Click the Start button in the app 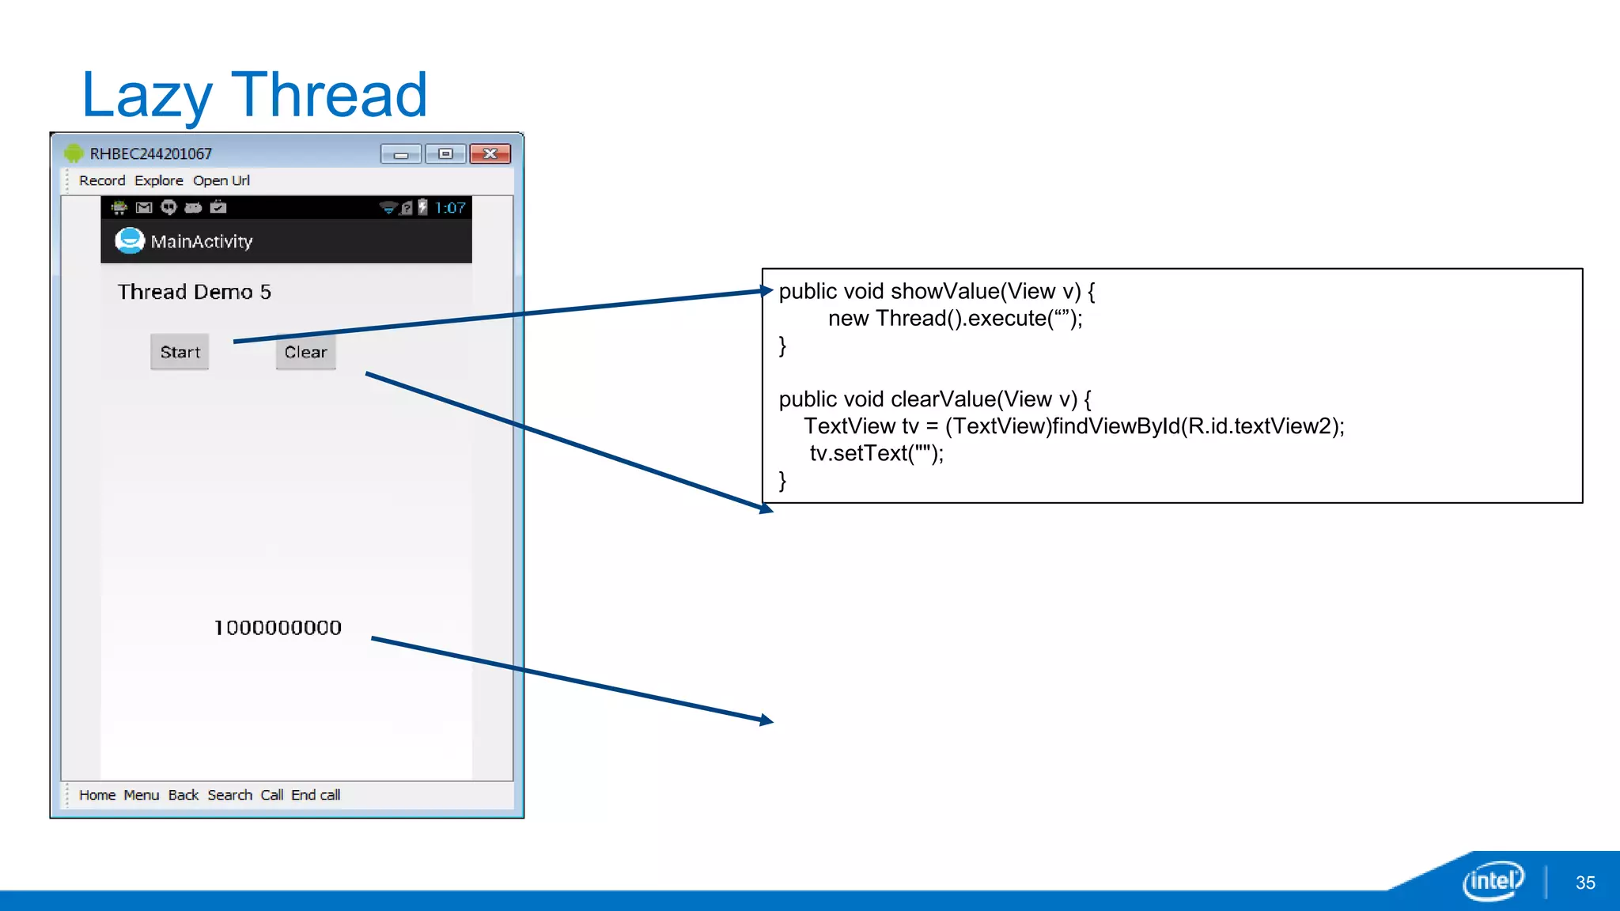pyautogui.click(x=180, y=352)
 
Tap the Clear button pyautogui.click(x=305, y=352)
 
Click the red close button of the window pyautogui.click(x=490, y=153)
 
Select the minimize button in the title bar pyautogui.click(x=401, y=153)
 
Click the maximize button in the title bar pyautogui.click(x=445, y=153)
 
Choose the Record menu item pyautogui.click(x=102, y=180)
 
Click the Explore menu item pyautogui.click(x=158, y=180)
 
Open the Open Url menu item pyautogui.click(x=221, y=180)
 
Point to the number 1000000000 pyautogui.click(x=278, y=628)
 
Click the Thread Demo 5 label pyautogui.click(x=195, y=292)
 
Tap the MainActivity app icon pyautogui.click(x=130, y=240)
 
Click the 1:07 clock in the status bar pyautogui.click(x=450, y=208)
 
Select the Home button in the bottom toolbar pyautogui.click(x=97, y=795)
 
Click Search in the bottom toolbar pyautogui.click(x=229, y=795)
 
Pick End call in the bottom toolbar pyautogui.click(x=316, y=795)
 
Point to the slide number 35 pyautogui.click(x=1585, y=883)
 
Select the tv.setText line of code pyautogui.click(x=876, y=453)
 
